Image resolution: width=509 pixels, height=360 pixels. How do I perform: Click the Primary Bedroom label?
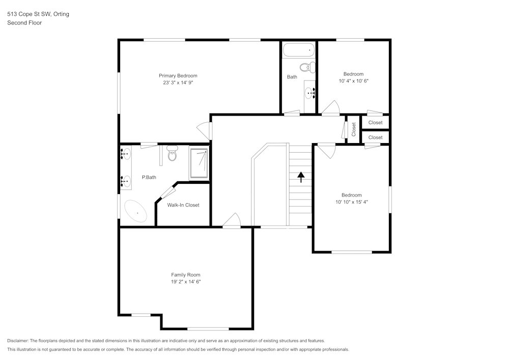click(x=178, y=76)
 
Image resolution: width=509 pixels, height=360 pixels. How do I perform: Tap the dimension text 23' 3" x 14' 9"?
click(x=178, y=82)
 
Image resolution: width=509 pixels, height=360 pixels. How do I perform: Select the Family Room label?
click(x=185, y=275)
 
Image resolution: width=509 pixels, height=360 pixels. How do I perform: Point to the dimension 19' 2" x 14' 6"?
click(x=185, y=282)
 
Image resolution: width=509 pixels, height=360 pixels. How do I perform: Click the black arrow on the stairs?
click(x=301, y=177)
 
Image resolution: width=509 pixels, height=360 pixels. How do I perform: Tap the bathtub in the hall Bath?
click(x=299, y=50)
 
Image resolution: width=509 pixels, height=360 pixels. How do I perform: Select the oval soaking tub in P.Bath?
click(x=136, y=211)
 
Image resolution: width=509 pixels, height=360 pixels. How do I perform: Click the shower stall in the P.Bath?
click(x=199, y=163)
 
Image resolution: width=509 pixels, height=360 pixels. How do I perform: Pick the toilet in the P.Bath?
click(x=172, y=153)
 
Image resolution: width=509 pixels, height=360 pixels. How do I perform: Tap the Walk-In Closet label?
click(x=183, y=205)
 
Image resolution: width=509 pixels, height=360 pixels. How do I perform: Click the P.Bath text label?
click(x=149, y=177)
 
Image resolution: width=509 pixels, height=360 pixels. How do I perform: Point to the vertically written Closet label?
click(x=354, y=129)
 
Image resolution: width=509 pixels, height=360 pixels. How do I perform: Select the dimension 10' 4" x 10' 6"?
click(x=353, y=80)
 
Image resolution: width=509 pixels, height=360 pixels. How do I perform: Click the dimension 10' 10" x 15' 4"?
click(x=351, y=202)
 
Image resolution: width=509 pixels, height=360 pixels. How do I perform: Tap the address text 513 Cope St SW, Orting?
click(x=38, y=14)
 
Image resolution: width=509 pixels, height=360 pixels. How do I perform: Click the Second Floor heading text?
click(x=24, y=23)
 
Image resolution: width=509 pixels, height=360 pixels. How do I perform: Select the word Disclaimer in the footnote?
click(x=18, y=341)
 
